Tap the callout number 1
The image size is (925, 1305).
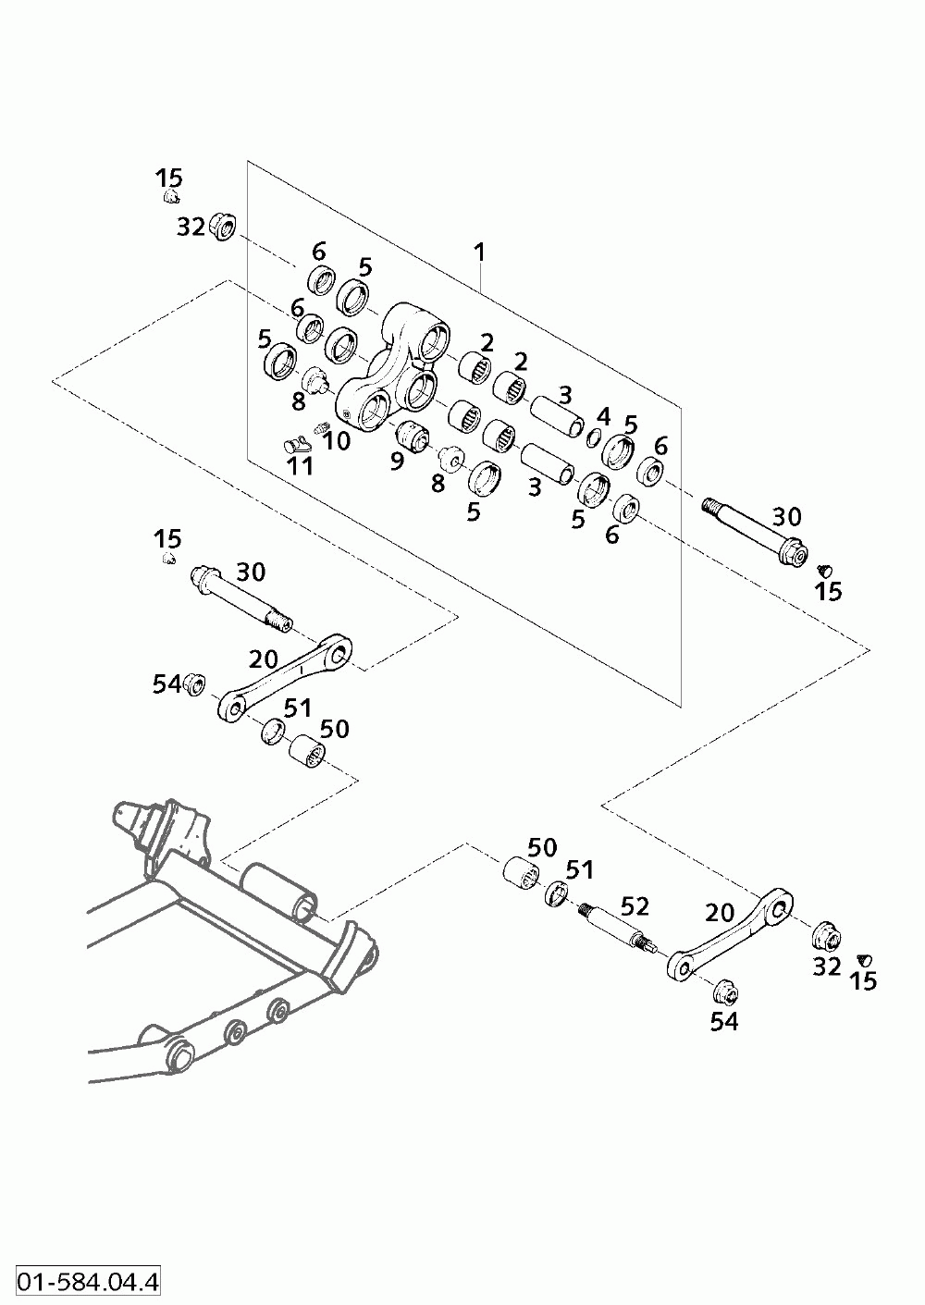point(479,252)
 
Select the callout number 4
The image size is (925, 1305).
point(603,416)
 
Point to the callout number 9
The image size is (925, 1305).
point(397,461)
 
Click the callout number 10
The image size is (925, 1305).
point(336,441)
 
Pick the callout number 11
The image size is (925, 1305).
point(301,466)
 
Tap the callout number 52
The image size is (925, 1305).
point(635,906)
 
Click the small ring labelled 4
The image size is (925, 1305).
point(591,437)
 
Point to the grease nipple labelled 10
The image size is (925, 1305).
point(318,429)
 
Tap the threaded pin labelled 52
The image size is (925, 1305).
point(618,930)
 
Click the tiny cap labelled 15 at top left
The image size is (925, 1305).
point(170,196)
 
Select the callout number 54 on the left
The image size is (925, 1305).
point(167,684)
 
